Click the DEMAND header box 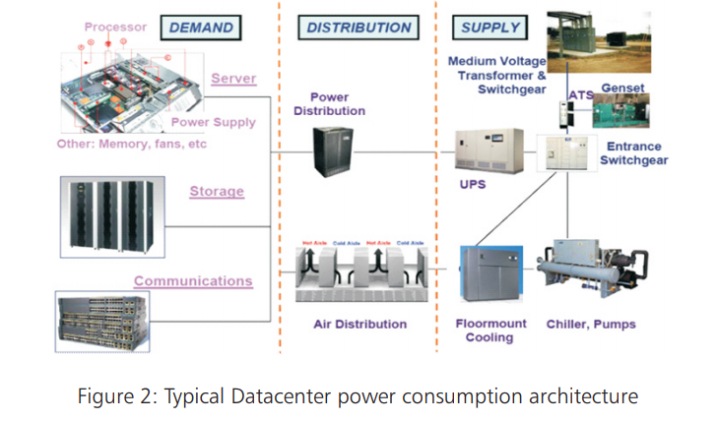200,28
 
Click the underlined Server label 233,78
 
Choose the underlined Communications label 193,281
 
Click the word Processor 115,27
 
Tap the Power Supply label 213,123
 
